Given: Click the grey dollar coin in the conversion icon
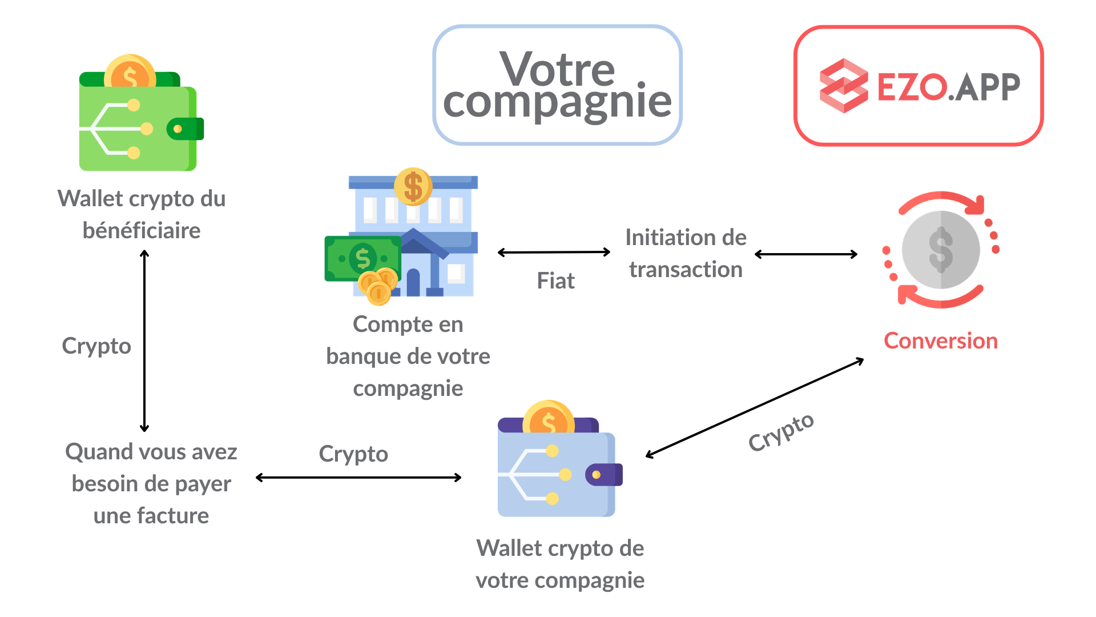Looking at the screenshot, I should coord(941,250).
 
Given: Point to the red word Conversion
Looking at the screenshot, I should coord(941,341).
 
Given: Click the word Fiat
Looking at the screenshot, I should coord(555,281).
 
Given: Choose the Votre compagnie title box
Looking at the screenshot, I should coord(557,85).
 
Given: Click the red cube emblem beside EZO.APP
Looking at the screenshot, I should coord(843,86).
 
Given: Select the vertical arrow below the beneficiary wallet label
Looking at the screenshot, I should coord(144,340).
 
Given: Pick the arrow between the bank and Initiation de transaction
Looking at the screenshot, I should coord(554,252).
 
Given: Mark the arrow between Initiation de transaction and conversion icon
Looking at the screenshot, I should coord(806,254).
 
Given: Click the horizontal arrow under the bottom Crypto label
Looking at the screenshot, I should coord(358,477).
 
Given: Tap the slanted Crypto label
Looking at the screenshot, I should coord(781,432).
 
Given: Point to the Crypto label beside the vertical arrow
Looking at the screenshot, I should coord(96,346).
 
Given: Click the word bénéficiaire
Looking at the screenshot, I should coord(142,231).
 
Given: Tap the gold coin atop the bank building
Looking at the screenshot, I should coord(413,186).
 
